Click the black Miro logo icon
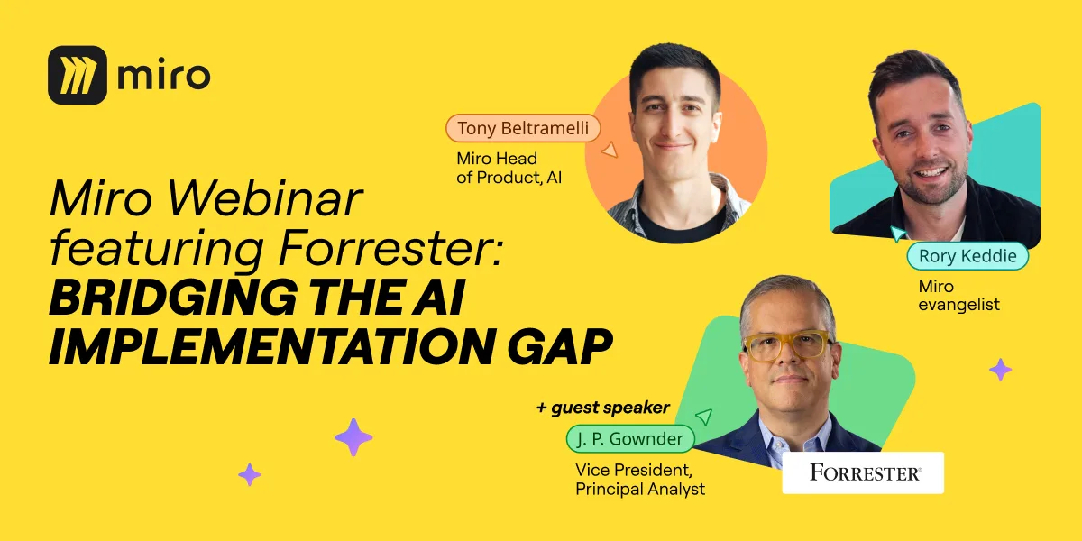[78, 75]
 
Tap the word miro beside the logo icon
[164, 76]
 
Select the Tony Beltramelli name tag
[523, 128]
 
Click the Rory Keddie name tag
[967, 255]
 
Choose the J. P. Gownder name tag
[630, 438]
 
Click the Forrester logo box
[863, 472]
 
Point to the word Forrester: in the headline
[391, 248]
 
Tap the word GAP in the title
[560, 346]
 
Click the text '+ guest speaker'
[603, 408]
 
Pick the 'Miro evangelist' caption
[958, 295]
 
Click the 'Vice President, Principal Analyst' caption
[640, 479]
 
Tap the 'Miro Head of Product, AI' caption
[509, 168]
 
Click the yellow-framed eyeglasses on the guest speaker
[788, 345]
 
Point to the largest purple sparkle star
[353, 437]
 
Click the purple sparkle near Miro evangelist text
[1000, 370]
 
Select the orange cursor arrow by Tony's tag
[610, 150]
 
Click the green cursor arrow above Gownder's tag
[704, 417]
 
